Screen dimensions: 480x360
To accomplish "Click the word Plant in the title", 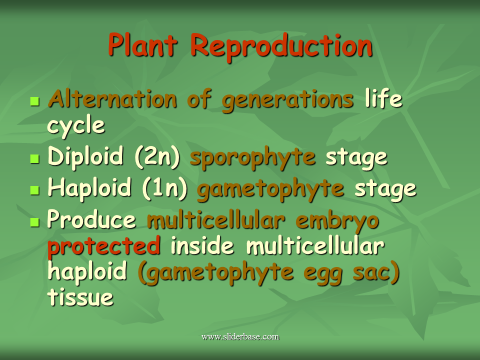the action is (x=143, y=45).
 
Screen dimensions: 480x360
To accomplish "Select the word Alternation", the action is (x=112, y=99).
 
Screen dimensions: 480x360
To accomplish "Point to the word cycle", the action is (x=76, y=126).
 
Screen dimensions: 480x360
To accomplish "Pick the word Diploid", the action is (x=85, y=156).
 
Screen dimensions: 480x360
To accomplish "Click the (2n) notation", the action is (x=157, y=157).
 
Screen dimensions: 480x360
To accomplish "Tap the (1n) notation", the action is (x=165, y=188).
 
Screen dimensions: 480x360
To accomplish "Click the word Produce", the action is (x=91, y=219).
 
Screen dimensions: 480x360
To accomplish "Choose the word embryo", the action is (x=337, y=221).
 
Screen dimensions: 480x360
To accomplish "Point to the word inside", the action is (x=202, y=245).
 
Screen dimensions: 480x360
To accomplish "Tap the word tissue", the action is (x=80, y=297).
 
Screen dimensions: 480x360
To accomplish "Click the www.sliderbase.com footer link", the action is (x=240, y=336).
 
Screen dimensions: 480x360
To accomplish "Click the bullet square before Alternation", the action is (x=35, y=101).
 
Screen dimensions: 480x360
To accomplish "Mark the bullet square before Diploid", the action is (x=35, y=158).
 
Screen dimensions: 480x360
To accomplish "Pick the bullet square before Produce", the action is (x=35, y=222).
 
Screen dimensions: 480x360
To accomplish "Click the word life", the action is (x=383, y=98).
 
